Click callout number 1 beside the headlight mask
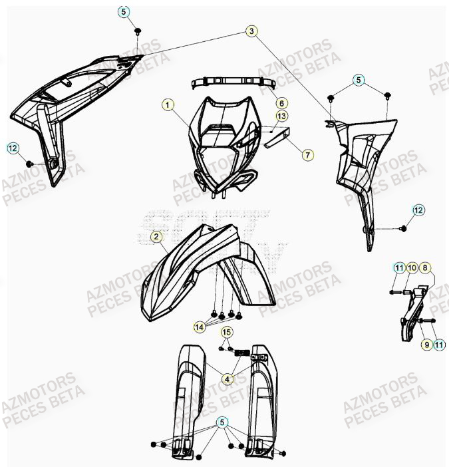point(168,104)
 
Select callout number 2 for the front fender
point(155,236)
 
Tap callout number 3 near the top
point(251,31)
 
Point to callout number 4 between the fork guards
point(228,379)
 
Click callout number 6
point(281,104)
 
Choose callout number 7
point(289,155)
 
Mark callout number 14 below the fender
point(199,326)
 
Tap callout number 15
point(227,332)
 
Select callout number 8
point(425,267)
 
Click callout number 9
point(425,344)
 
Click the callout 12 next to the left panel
point(13,148)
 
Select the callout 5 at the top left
point(125,11)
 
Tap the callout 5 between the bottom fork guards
point(222,422)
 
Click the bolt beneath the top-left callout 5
point(138,31)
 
